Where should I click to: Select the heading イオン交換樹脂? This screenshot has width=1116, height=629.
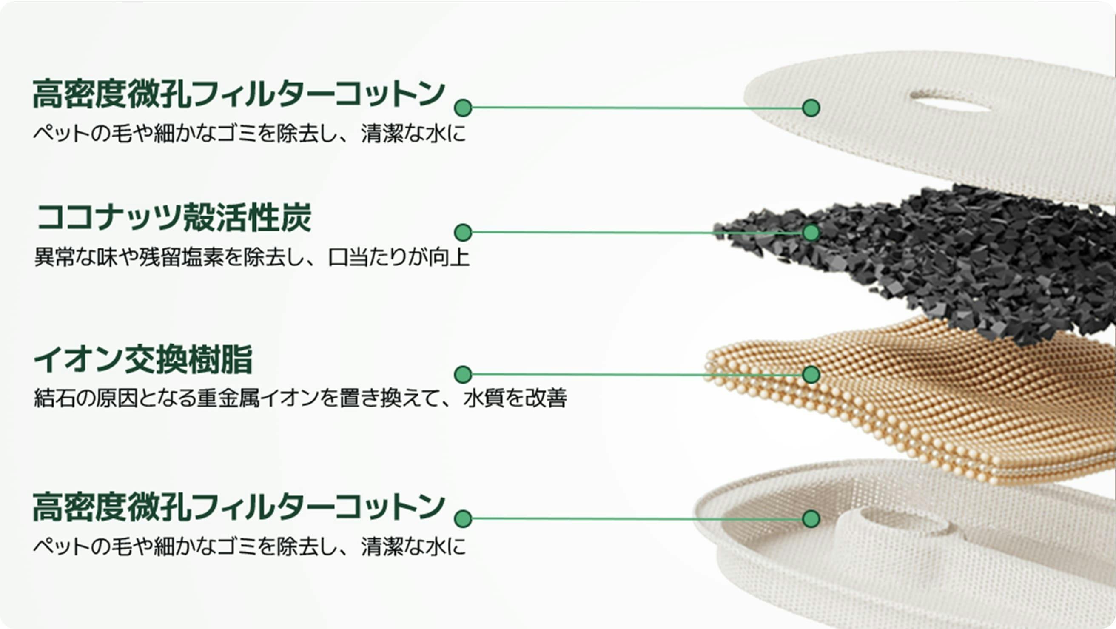(143, 359)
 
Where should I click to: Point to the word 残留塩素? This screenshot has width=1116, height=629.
(182, 257)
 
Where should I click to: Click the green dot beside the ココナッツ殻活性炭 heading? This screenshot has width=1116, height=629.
(463, 233)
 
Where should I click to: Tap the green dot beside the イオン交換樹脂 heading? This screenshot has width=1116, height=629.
(463, 374)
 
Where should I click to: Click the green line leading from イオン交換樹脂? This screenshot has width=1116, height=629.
(637, 374)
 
